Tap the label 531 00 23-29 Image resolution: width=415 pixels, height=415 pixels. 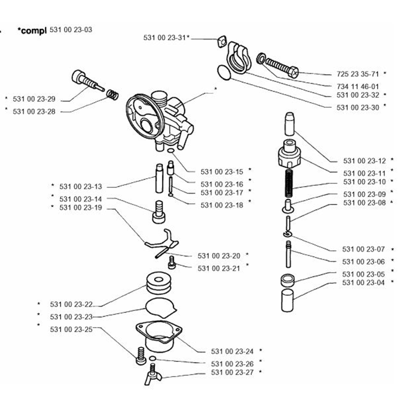(34, 99)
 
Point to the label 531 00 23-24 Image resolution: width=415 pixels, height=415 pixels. (232, 351)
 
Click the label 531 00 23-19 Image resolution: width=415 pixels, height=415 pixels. (81, 207)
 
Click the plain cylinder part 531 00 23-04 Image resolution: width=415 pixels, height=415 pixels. (288, 301)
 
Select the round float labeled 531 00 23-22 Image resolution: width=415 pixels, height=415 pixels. (159, 283)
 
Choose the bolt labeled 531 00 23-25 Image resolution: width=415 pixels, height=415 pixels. (141, 357)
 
